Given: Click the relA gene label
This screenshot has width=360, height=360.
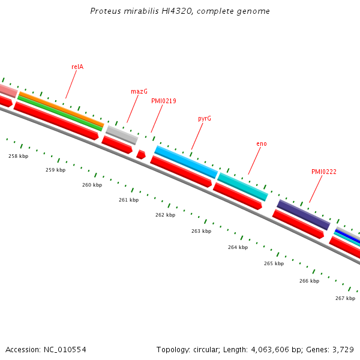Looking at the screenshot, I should pos(77,67).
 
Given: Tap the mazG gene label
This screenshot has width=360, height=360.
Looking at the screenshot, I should pos(139,91).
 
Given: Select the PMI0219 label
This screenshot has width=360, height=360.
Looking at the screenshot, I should pos(164,101).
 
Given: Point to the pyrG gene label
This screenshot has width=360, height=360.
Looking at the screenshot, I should pos(205,118).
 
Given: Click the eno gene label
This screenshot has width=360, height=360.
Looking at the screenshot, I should pos(262,143).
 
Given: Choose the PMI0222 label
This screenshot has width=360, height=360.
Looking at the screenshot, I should pos(324,172).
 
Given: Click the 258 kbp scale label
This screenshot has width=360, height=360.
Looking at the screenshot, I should pos(18,156).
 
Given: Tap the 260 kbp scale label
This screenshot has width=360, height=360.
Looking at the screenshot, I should pos(92,185).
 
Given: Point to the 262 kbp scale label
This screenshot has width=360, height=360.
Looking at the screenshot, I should pos(165,215).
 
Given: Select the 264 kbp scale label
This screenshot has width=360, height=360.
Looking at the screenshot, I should pos(238,247).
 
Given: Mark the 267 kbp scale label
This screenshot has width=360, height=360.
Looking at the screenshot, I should pos(345,298).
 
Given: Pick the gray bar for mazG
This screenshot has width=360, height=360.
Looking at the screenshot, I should pos(122,134).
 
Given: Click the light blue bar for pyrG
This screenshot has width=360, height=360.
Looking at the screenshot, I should pos(186,162).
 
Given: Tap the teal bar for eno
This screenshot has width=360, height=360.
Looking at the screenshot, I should pos(243,187).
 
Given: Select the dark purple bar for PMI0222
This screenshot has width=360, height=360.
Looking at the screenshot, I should pos(304,215).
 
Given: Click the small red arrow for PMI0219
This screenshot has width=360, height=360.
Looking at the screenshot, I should pos(141,154).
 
